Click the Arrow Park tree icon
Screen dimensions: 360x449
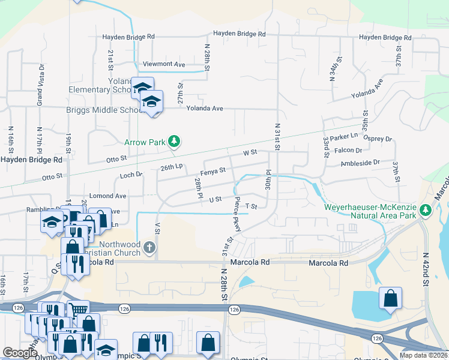pyautogui.click(x=174, y=142)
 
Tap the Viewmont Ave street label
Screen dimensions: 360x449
pyautogui.click(x=163, y=64)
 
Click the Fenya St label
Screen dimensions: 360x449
pyautogui.click(x=212, y=171)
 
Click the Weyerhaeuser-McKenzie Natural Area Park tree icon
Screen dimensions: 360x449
pyautogui.click(x=426, y=209)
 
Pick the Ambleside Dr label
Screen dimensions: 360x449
pyautogui.click(x=360, y=163)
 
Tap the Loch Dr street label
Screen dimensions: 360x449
pyautogui.click(x=131, y=175)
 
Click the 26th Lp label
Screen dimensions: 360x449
pyautogui.click(x=170, y=166)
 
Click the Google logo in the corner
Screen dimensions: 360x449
pyautogui.click(x=20, y=353)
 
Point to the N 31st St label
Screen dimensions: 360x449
pyautogui.click(x=277, y=137)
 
